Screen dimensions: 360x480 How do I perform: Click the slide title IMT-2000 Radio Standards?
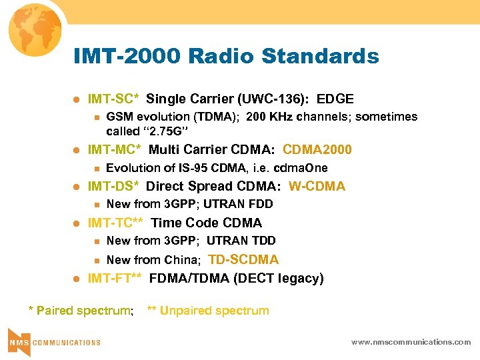tap(226, 57)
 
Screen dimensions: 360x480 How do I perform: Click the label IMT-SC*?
tap(113, 99)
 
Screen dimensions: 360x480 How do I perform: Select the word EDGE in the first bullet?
tap(335, 99)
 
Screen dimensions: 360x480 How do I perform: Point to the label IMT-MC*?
tap(115, 149)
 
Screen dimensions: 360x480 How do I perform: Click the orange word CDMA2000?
tap(317, 149)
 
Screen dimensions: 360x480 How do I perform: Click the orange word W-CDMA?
tap(317, 187)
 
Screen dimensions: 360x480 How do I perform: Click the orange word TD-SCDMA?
tap(243, 259)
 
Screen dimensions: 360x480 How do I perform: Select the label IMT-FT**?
tap(115, 279)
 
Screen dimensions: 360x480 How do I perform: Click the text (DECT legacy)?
tap(278, 279)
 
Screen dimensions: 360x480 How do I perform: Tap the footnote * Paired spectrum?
tap(81, 311)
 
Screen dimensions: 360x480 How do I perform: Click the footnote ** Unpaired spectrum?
tap(208, 311)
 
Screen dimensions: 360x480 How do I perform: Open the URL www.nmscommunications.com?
tap(411, 342)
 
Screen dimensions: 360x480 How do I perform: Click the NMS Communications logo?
tap(54, 341)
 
